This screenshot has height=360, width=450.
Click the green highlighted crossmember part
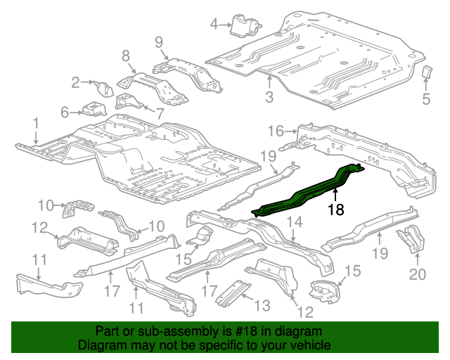[309, 188]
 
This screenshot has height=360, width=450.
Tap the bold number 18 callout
[335, 210]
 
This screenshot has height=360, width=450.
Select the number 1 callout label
[34, 124]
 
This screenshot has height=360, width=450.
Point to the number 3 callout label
[269, 97]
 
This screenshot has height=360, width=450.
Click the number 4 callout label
[214, 26]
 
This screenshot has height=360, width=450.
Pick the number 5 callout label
[426, 99]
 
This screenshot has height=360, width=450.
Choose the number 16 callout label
[275, 130]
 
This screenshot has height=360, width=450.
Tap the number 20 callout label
[418, 274]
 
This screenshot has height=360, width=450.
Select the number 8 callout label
[126, 56]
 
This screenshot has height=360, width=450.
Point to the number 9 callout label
[158, 41]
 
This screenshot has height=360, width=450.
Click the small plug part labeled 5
[425, 74]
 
